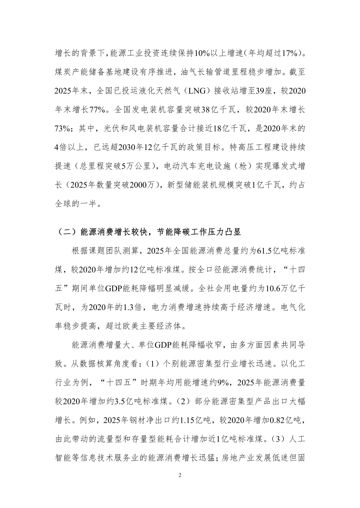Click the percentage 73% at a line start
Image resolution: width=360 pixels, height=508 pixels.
(62, 129)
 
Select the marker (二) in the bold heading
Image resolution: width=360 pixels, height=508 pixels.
(65, 232)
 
